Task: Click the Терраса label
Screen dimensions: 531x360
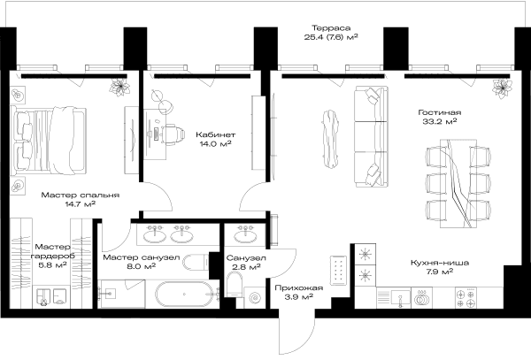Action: click(331, 28)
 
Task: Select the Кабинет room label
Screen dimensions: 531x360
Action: click(215, 134)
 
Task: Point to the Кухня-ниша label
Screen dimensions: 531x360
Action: click(440, 263)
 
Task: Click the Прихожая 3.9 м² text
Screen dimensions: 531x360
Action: click(299, 292)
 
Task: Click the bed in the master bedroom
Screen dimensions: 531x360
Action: click(48, 141)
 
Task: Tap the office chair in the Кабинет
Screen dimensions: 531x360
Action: click(173, 134)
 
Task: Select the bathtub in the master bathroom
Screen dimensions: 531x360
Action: click(184, 294)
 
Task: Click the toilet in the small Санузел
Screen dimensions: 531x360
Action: click(234, 284)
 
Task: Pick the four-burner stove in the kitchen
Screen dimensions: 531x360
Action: click(466, 298)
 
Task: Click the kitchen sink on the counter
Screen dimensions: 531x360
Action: click(400, 298)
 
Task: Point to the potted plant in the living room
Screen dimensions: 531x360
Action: click(502, 88)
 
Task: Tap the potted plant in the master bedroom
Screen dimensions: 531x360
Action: click(119, 88)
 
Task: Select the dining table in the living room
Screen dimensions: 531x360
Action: click(458, 183)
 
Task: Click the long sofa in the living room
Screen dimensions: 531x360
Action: click(371, 136)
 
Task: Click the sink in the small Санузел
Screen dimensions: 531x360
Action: click(245, 237)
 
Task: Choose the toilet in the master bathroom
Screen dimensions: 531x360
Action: click(196, 262)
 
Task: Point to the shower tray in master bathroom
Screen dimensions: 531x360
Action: click(121, 294)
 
